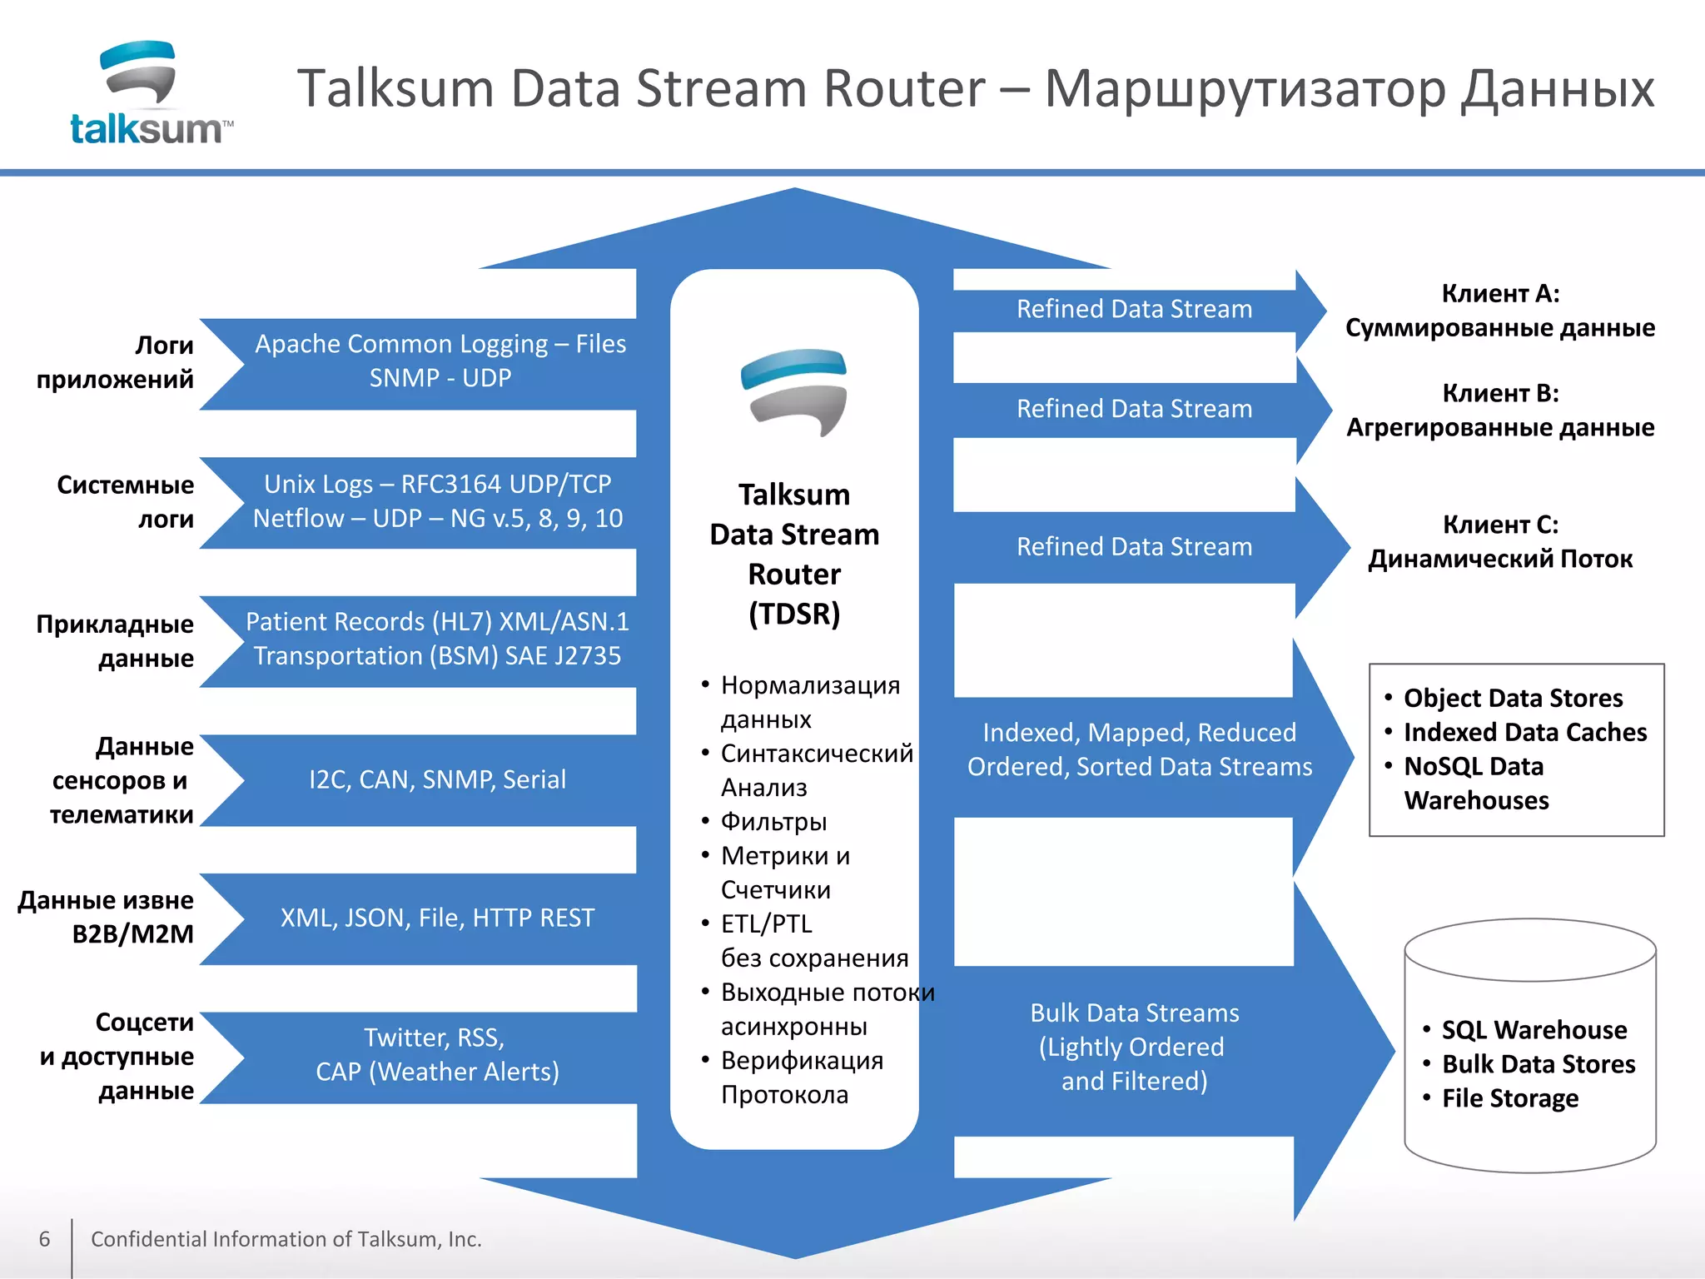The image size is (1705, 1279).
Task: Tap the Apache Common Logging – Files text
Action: pyautogui.click(x=440, y=344)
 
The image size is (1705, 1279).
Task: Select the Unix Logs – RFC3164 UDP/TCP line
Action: pyautogui.click(x=437, y=484)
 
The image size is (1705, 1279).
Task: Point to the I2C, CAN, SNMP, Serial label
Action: pyautogui.click(x=437, y=779)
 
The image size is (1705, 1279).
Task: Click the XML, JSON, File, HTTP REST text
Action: pyautogui.click(x=437, y=918)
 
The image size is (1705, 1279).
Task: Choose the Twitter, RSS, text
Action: pyautogui.click(x=434, y=1038)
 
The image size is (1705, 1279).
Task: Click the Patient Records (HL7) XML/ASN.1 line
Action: pyautogui.click(x=437, y=622)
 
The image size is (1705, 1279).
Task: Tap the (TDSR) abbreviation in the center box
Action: pyautogui.click(x=794, y=615)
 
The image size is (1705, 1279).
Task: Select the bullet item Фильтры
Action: pyautogui.click(x=773, y=822)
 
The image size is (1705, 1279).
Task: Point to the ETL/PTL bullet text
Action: pyautogui.click(x=766, y=924)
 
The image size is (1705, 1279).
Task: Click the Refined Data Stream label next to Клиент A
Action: pyautogui.click(x=1134, y=309)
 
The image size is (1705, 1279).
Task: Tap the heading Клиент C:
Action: pyautogui.click(x=1500, y=525)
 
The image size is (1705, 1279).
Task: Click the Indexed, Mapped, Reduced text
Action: pyautogui.click(x=1139, y=733)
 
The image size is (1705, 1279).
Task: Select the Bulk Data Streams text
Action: pyautogui.click(x=1134, y=1013)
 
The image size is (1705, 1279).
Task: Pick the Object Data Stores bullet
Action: pyautogui.click(x=1513, y=698)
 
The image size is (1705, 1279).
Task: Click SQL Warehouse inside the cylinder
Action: pyautogui.click(x=1534, y=1030)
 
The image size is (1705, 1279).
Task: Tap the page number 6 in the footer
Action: pyautogui.click(x=45, y=1239)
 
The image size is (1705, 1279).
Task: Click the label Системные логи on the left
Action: pyautogui.click(x=125, y=501)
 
